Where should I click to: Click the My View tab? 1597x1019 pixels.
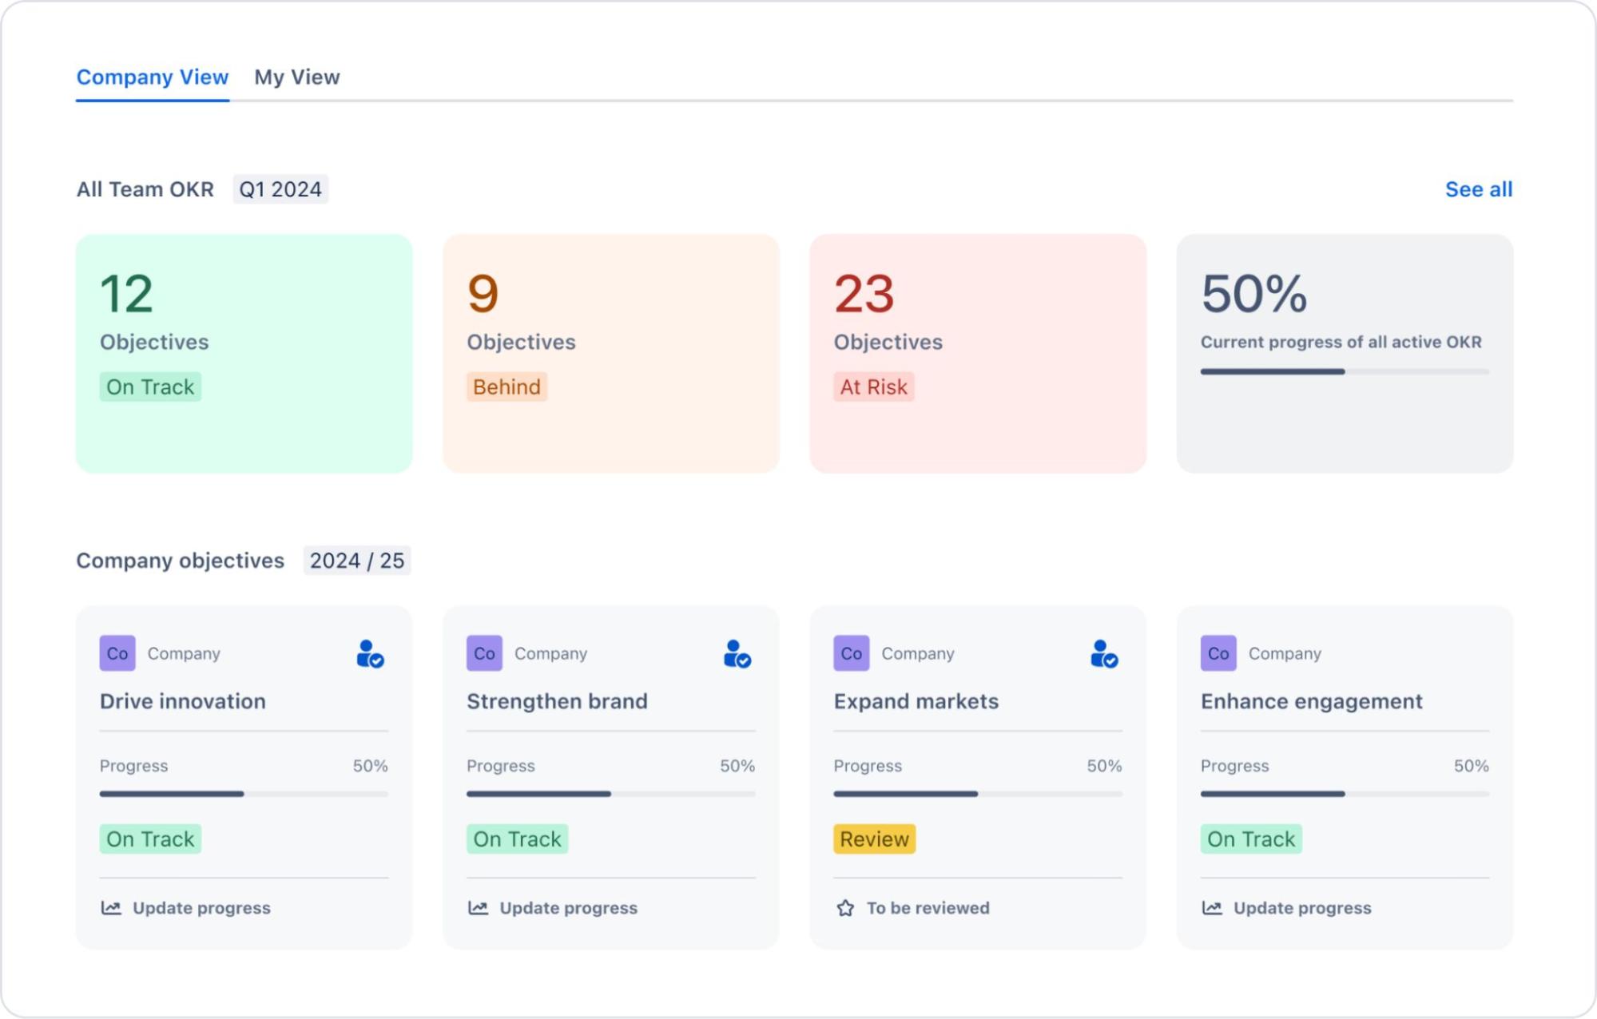tap(296, 77)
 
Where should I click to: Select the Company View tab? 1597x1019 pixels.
tap(152, 77)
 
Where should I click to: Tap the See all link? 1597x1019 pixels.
tap(1478, 189)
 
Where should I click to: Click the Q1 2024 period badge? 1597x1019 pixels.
tap(280, 189)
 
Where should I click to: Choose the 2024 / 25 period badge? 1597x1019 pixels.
tap(356, 561)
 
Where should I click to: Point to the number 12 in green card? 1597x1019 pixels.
tap(126, 294)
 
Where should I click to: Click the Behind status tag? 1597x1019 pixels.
tap(507, 387)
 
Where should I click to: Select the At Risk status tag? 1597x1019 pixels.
tap(873, 387)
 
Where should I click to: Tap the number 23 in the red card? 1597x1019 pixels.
tap(864, 294)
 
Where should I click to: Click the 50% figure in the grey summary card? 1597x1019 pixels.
tap(1253, 294)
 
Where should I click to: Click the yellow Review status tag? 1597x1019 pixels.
tap(874, 839)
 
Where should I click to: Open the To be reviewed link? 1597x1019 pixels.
tap(928, 908)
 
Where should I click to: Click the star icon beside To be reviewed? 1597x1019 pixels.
tap(845, 908)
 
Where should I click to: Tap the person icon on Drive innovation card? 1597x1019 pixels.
tap(369, 654)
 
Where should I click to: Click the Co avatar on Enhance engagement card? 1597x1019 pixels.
tap(1218, 653)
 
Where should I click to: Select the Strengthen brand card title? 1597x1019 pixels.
tap(557, 701)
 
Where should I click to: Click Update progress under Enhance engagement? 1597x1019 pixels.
tap(1301, 908)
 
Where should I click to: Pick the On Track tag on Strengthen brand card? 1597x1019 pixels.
tap(517, 839)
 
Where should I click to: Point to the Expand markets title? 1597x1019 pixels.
tap(916, 701)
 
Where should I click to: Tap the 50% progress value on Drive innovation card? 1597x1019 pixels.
tap(370, 766)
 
